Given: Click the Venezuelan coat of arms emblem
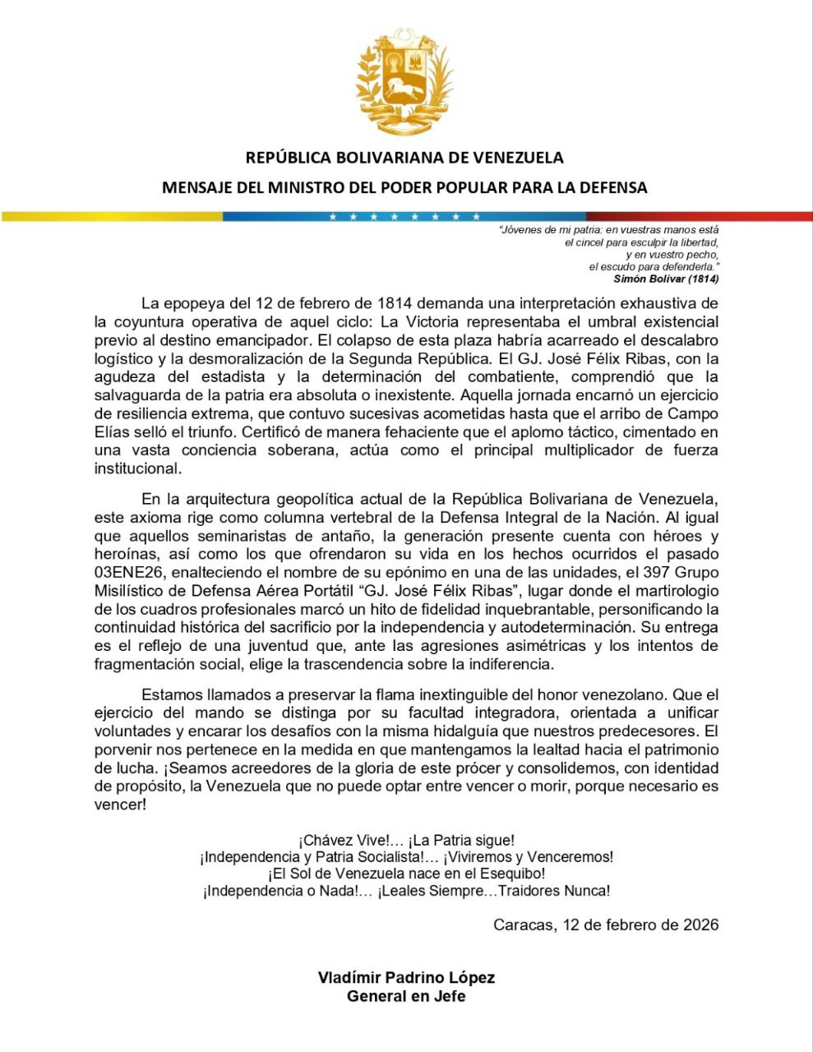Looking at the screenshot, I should tap(404, 82).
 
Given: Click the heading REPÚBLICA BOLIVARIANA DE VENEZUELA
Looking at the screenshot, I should tap(404, 157).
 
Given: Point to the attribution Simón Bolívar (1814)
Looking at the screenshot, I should tap(666, 279).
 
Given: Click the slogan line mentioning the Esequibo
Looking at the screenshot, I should tap(406, 874).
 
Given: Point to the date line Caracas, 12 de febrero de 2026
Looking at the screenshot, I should tap(606, 925).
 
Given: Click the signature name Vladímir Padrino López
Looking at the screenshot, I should tap(406, 978).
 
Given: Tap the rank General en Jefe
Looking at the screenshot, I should tap(406, 996).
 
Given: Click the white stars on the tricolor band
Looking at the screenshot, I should tap(404, 217).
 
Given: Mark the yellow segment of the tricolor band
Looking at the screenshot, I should tap(111, 217).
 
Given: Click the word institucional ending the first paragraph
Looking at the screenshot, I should tap(136, 468).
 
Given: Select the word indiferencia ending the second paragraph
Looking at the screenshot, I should tap(514, 663).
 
